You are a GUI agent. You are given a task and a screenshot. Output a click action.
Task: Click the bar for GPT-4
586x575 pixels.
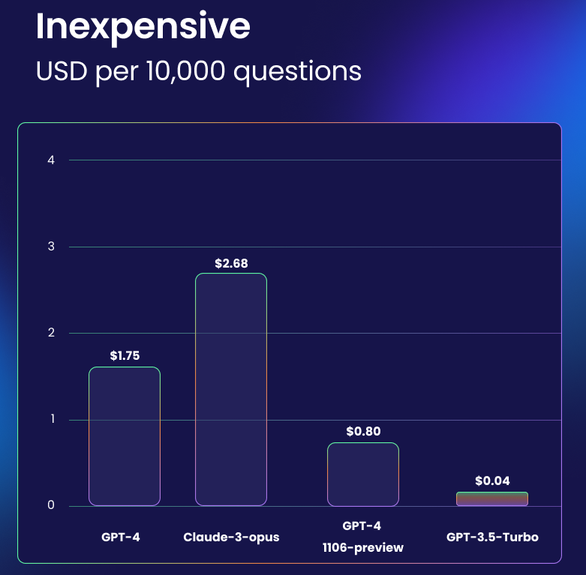point(125,436)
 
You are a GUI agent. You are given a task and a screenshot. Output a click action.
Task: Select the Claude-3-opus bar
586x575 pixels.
point(231,389)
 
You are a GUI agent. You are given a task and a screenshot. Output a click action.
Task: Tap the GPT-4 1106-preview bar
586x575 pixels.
point(363,474)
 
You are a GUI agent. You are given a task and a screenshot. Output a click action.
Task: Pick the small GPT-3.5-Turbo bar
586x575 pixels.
point(492,499)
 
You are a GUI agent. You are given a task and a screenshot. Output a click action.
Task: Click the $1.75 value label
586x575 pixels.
point(125,355)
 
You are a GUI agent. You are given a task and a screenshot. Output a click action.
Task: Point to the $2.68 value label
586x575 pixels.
point(231,263)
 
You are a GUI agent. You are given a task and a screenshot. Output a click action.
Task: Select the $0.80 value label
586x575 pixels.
point(363,432)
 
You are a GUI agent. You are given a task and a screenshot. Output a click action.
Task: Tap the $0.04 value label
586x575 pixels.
point(492,481)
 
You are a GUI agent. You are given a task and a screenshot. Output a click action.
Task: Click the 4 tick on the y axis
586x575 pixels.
point(52,160)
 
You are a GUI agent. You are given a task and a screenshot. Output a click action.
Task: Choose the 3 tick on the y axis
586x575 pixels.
point(52,247)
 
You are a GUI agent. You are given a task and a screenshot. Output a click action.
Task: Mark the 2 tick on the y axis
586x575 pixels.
point(52,333)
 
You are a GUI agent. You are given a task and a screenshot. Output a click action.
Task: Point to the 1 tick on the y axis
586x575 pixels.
point(52,419)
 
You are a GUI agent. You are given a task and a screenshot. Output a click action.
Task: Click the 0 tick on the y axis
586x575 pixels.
point(52,505)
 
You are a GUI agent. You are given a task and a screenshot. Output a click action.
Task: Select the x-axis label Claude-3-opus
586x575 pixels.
point(231,538)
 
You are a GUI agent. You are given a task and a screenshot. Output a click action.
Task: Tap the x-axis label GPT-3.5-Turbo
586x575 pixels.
point(492,538)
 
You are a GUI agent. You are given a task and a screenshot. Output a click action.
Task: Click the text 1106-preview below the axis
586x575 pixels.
point(363,547)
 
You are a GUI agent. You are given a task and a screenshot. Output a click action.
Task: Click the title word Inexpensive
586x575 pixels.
point(143,27)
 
